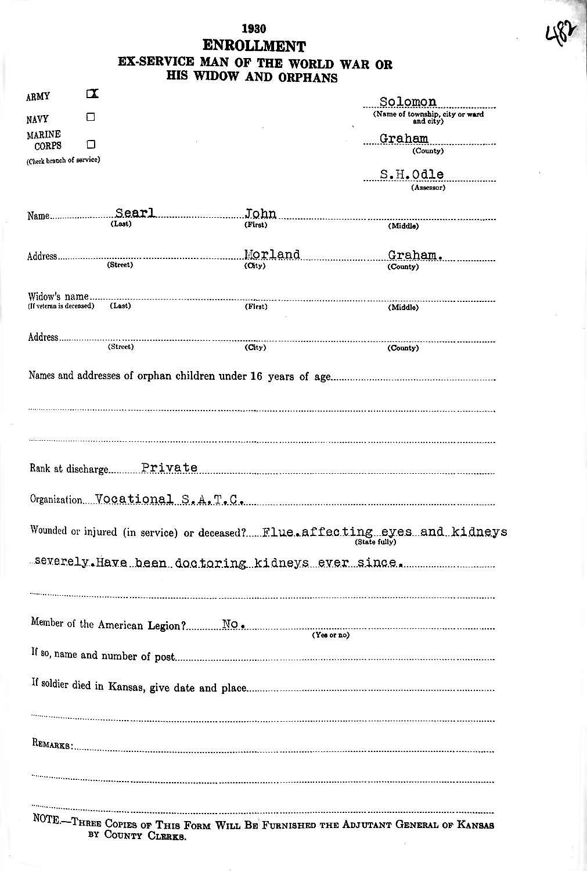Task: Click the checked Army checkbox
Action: click(92, 93)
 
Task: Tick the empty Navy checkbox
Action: click(91, 117)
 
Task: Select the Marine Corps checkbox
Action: click(91, 144)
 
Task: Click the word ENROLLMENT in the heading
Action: click(254, 46)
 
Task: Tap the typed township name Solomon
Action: click(408, 102)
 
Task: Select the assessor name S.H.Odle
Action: click(412, 175)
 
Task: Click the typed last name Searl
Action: click(136, 213)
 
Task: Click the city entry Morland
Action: click(272, 254)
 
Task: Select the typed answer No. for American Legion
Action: click(233, 624)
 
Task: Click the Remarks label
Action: click(52, 745)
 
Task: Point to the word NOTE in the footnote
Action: click(47, 824)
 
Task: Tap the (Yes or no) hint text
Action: click(330, 635)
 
